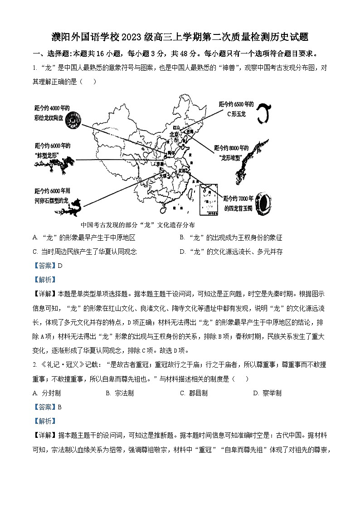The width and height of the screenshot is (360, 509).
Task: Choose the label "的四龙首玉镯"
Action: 239,209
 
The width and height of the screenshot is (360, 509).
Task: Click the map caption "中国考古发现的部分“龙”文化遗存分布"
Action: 137,225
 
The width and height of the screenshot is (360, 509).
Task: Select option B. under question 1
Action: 231,238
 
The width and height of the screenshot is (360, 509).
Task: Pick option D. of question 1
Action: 231,252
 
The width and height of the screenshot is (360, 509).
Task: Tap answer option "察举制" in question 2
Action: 268,393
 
